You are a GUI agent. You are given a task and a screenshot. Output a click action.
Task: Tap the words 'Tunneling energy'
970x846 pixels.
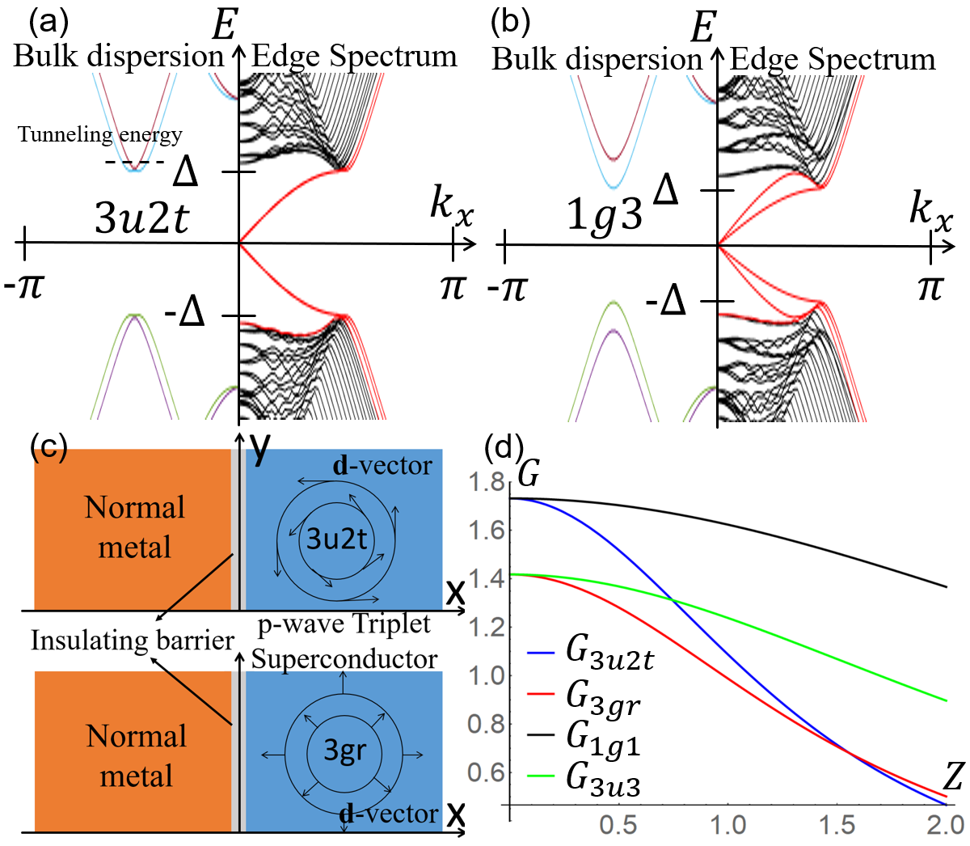pos(100,134)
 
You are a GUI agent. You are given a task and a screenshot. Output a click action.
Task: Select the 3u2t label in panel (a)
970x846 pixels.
pos(142,218)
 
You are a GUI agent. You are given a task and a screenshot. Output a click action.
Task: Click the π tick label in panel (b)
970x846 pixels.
pos(930,288)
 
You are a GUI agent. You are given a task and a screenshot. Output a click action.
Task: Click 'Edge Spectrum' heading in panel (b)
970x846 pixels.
pos(833,59)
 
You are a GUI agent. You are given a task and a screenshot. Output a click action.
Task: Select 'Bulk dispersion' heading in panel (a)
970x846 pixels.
pos(119,57)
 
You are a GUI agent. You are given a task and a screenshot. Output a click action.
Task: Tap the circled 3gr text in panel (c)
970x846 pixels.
pos(345,751)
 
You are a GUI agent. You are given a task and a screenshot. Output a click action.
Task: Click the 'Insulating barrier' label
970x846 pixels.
pos(133,641)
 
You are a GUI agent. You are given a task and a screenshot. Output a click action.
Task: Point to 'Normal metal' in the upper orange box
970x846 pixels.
pos(135,527)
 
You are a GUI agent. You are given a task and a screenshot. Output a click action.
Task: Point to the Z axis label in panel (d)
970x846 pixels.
pos(954,777)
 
